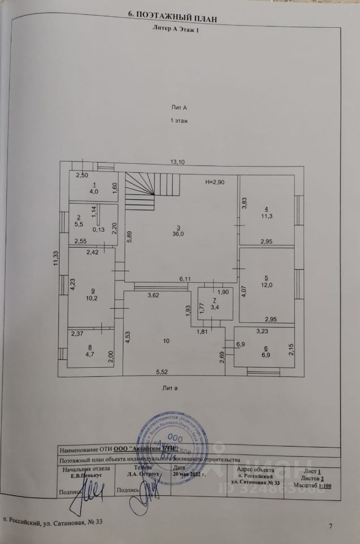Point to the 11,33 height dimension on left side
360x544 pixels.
(x=56, y=258)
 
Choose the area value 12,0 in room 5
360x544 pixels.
(x=266, y=285)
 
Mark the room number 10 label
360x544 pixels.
(x=166, y=341)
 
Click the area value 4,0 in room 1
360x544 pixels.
(x=93, y=192)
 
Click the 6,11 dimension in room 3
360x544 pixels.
(x=186, y=279)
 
